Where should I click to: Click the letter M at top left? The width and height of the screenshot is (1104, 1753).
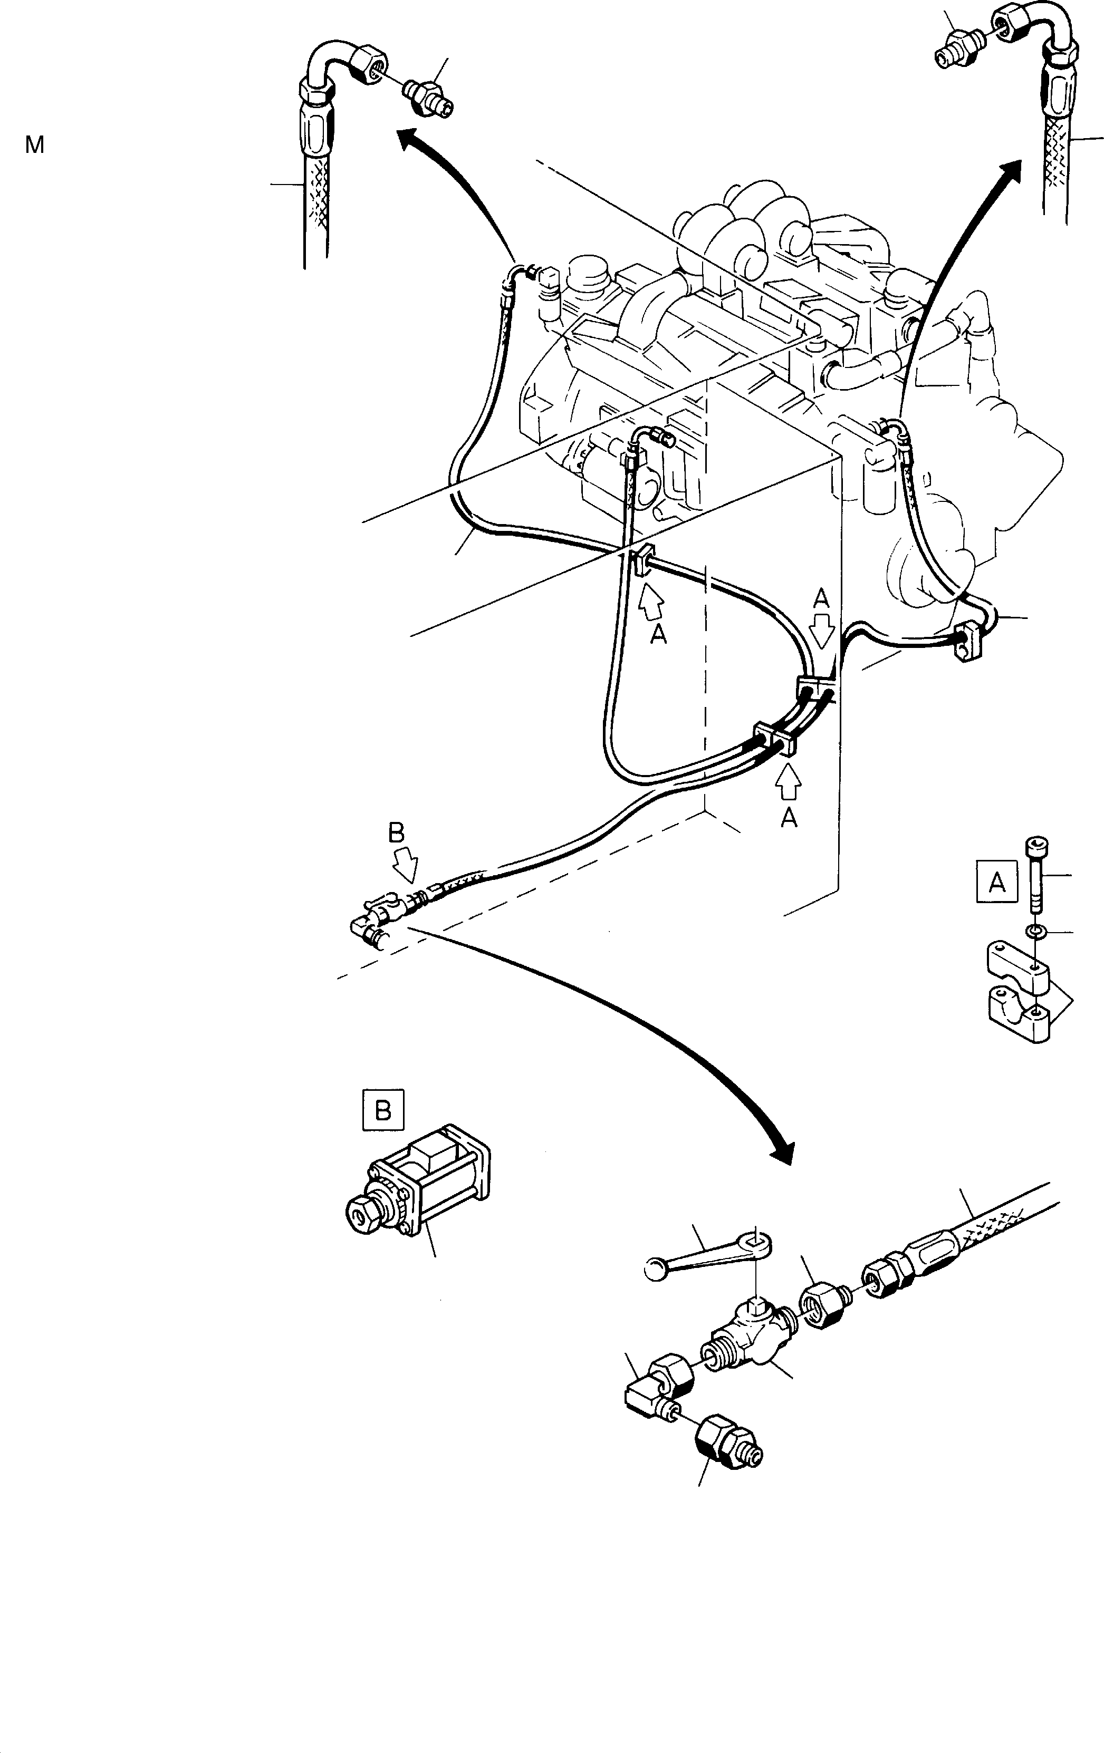[34, 146]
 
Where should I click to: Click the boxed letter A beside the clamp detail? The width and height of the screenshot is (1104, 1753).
[996, 883]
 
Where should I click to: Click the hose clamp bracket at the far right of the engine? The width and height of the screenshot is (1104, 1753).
[964, 642]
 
